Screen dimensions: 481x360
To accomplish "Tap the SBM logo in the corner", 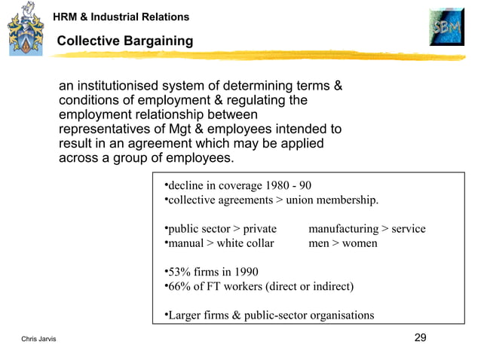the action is (446, 30).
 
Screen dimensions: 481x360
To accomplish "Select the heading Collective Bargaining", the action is (125, 41).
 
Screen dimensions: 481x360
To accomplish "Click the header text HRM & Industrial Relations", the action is (121, 17).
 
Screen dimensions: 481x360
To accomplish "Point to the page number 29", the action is (421, 337).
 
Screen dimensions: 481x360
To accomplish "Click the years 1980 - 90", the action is (289, 185).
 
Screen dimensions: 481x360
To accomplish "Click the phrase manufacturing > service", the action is (367, 229).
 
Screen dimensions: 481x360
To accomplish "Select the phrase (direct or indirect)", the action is (305, 286).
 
